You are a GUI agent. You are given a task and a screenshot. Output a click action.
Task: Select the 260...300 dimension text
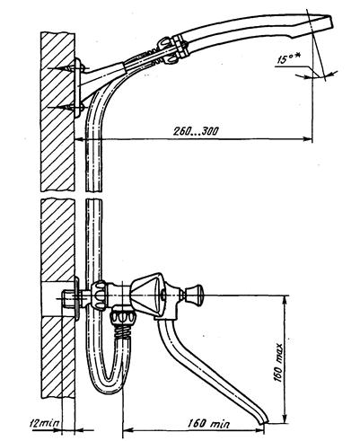[x=197, y=131]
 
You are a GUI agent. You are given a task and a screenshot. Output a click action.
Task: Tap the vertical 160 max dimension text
[x=278, y=363]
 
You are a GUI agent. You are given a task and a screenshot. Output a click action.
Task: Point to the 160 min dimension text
[x=209, y=424]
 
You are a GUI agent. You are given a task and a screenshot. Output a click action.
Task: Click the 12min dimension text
[x=45, y=423]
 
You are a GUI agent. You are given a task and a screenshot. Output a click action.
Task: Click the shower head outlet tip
[x=330, y=22]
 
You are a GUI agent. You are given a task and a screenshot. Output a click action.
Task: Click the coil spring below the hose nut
[x=124, y=330]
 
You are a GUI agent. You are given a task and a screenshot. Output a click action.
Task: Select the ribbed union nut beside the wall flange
[x=99, y=295]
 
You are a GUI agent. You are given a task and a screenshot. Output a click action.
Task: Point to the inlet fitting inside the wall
[x=69, y=299]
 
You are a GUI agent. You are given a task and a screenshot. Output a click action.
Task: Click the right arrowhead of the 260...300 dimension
[x=308, y=138]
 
